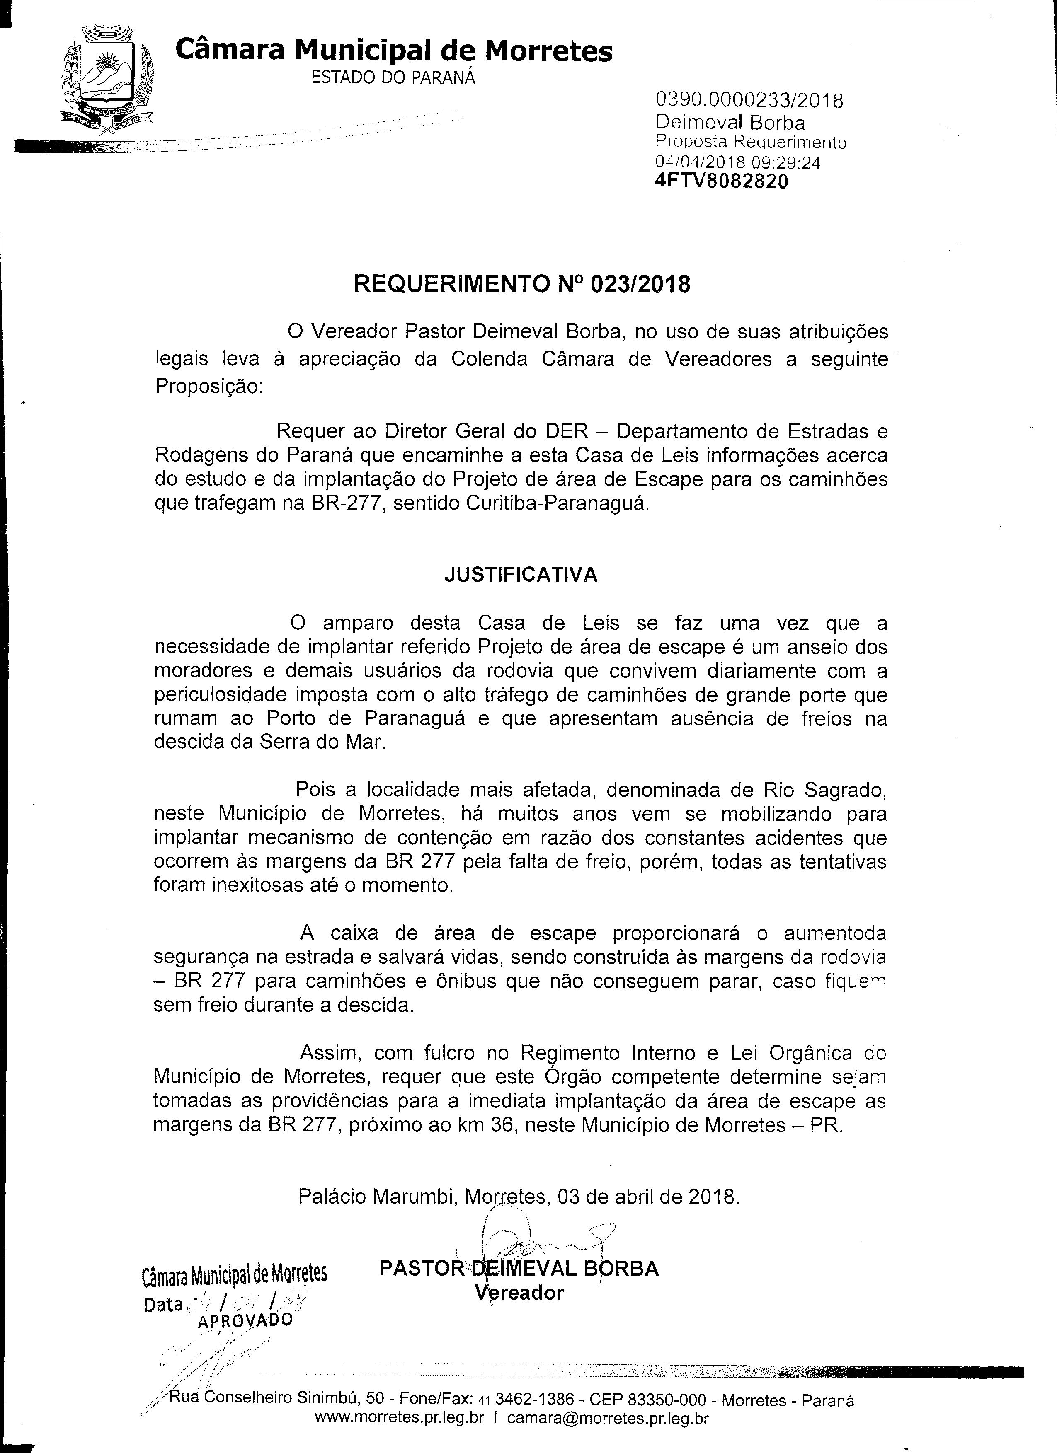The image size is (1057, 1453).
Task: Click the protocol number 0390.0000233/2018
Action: [x=748, y=101]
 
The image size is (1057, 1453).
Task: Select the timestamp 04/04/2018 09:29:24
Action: [x=737, y=163]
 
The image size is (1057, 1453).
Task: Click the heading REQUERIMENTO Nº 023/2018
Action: [x=522, y=284]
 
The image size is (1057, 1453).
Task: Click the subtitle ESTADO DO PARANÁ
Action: [x=393, y=78]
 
